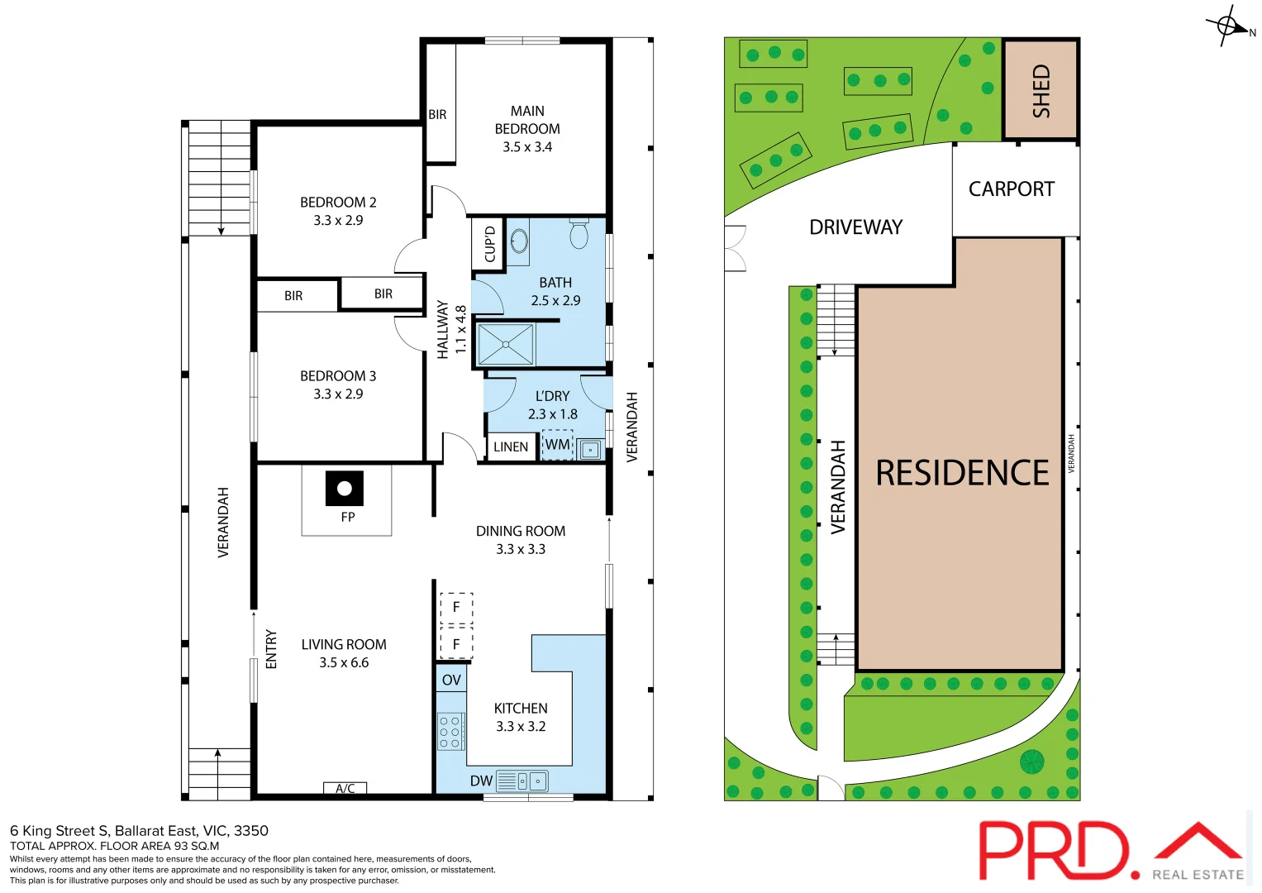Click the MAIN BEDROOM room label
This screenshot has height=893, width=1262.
click(527, 129)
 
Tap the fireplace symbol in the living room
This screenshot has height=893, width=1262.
click(345, 489)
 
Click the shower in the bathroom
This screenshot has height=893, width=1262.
click(506, 344)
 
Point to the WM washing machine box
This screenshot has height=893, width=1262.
click(558, 445)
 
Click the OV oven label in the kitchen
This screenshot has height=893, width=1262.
click(451, 680)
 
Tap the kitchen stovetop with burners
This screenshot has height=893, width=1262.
click(450, 732)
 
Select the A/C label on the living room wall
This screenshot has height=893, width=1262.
click(345, 789)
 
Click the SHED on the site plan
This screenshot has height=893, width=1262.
click(1041, 90)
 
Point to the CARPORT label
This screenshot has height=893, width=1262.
click(1012, 189)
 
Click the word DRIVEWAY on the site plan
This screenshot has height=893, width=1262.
click(855, 227)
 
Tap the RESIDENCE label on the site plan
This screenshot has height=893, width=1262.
click(962, 473)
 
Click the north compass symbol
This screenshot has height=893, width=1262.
click(1229, 26)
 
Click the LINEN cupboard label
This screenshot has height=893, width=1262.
click(510, 447)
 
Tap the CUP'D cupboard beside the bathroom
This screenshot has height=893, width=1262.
click(489, 244)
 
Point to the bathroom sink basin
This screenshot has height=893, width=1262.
click(519, 241)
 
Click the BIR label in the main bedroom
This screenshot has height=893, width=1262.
click(437, 115)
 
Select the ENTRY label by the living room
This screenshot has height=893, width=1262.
click(271, 649)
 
